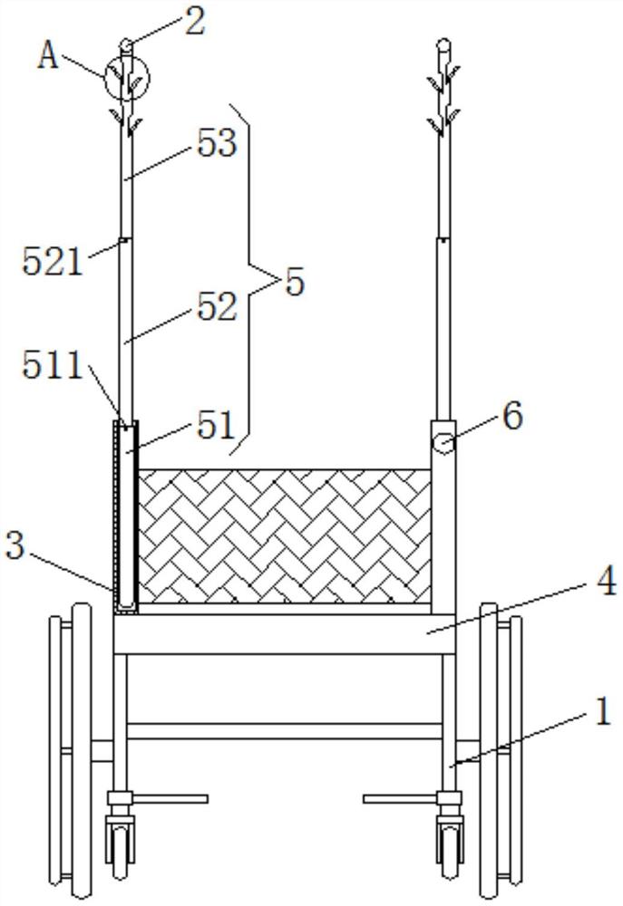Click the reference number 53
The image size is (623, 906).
[217, 143]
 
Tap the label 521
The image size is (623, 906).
[53, 262]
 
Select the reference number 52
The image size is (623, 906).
[217, 306]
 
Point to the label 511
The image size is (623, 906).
[53, 366]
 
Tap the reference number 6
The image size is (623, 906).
[512, 416]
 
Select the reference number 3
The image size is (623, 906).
[15, 545]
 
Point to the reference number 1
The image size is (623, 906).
[603, 711]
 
